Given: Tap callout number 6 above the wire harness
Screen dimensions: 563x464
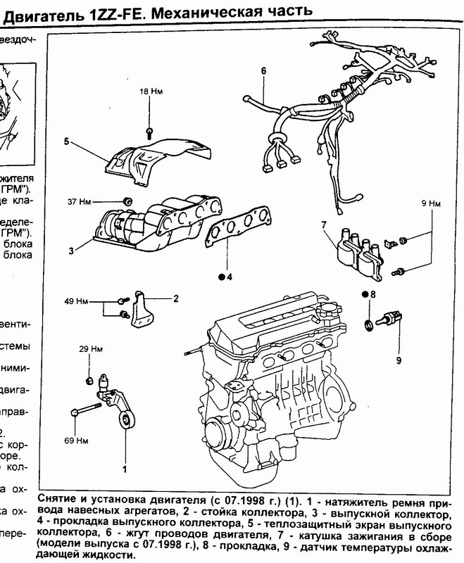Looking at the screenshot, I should coord(263,70).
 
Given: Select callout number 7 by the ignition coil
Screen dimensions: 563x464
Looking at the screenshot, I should coord(324,225).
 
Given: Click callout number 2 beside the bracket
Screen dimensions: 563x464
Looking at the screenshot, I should coord(177,298).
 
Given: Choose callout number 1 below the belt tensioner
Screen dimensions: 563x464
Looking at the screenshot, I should coord(125,468).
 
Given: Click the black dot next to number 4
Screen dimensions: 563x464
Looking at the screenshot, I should coord(221,277).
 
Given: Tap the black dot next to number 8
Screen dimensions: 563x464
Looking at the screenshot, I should coord(365,293).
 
